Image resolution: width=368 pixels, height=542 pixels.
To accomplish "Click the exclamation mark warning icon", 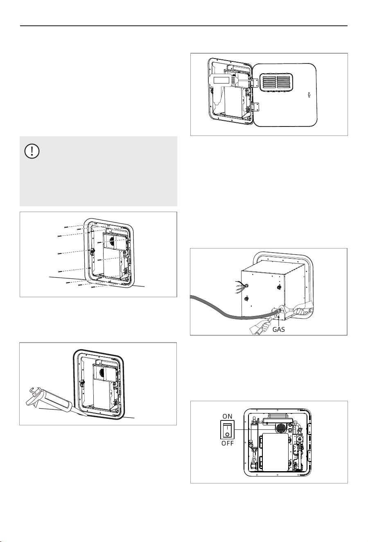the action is click(32, 151).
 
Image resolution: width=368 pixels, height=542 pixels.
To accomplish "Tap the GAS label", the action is click(278, 330).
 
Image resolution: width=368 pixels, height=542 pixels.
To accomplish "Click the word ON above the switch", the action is click(228, 416).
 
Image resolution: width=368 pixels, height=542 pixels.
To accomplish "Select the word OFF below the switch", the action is click(228, 443).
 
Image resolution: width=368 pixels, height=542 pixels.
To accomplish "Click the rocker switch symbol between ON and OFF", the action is click(228, 429).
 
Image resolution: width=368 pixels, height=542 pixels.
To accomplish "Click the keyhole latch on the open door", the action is click(309, 95).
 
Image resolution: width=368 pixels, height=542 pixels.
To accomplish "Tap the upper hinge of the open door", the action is click(255, 83).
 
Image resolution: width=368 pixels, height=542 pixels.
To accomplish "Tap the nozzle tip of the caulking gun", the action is click(86, 416).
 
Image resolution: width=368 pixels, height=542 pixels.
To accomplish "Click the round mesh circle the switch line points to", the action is click(281, 428).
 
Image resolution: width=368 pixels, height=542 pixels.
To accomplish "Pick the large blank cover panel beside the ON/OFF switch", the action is click(275, 452).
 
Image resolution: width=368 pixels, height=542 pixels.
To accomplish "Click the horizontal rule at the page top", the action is click(184, 25).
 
